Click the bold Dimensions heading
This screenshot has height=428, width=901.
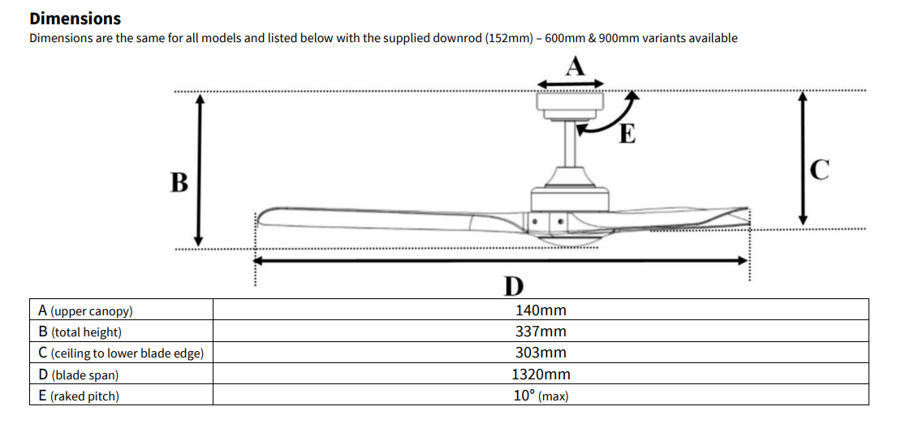point(75,18)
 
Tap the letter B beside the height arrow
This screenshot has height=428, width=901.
point(179,182)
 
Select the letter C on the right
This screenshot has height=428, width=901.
point(820,169)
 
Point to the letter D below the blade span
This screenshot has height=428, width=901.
point(513,285)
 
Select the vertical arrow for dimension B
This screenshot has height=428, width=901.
point(198,169)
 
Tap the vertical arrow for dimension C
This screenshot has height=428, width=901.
point(803,158)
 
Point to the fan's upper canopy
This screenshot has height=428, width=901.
point(573,103)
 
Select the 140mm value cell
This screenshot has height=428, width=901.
point(541,310)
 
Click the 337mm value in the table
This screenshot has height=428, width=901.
point(541,332)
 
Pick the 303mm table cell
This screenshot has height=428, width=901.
point(541,353)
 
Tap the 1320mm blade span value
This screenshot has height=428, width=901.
point(541,374)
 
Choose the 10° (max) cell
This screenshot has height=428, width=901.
point(541,396)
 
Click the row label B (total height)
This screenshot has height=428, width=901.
point(80,332)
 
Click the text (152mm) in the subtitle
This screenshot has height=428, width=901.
point(507,38)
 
